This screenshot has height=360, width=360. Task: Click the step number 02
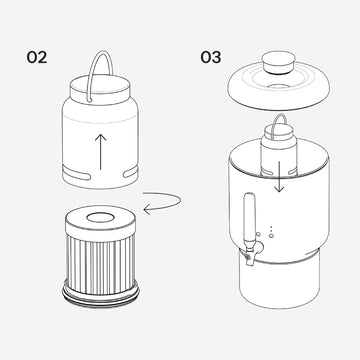tap(37, 57)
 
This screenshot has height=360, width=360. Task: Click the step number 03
tap(211, 57)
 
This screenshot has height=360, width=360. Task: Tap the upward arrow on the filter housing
tap(101, 152)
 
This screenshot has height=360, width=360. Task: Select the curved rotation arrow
tap(162, 203)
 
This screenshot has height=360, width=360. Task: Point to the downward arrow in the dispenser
tap(279, 177)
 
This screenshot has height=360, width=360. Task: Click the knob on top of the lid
tap(279, 63)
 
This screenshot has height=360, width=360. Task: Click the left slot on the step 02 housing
tap(77, 174)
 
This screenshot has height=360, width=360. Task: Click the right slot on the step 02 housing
tap(130, 172)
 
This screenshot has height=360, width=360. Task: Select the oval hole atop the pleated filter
tap(100, 218)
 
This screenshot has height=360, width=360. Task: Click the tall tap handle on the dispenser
tap(250, 218)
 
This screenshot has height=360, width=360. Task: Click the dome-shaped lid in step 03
tap(279, 83)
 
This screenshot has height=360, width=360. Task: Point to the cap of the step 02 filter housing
tap(100, 88)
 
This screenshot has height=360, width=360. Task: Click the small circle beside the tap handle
tap(258, 235)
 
